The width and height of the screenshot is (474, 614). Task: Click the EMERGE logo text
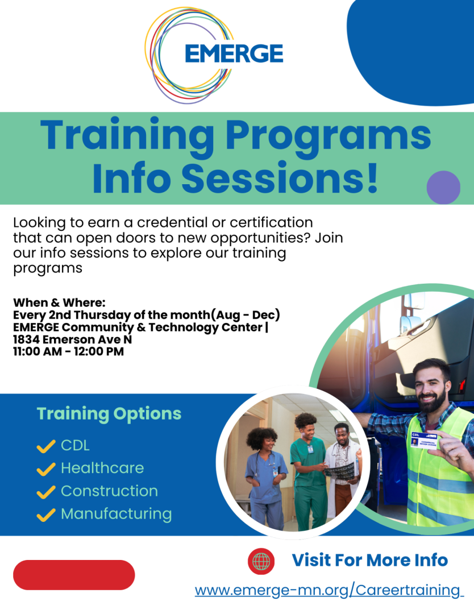click(x=234, y=53)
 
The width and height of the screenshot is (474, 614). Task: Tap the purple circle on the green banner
click(x=443, y=187)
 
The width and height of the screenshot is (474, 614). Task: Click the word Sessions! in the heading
click(x=280, y=178)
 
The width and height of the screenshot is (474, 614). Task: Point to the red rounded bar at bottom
click(x=74, y=574)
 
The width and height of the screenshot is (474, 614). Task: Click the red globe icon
click(x=261, y=561)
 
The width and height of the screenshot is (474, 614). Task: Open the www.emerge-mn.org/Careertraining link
click(x=329, y=590)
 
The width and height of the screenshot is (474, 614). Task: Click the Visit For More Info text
click(x=370, y=560)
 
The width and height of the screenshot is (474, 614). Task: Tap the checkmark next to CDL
click(x=46, y=446)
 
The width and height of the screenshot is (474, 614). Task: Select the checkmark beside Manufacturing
click(x=46, y=515)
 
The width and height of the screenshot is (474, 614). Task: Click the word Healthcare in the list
click(x=102, y=467)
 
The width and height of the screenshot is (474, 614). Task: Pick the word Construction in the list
click(x=109, y=491)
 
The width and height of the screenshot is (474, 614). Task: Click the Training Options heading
click(x=109, y=414)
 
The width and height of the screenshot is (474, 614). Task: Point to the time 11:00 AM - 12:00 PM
click(x=69, y=351)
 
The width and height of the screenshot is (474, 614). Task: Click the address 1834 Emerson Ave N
click(x=72, y=339)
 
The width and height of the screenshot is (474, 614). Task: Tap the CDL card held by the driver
click(x=425, y=439)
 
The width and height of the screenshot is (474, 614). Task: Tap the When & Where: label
click(x=59, y=302)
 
